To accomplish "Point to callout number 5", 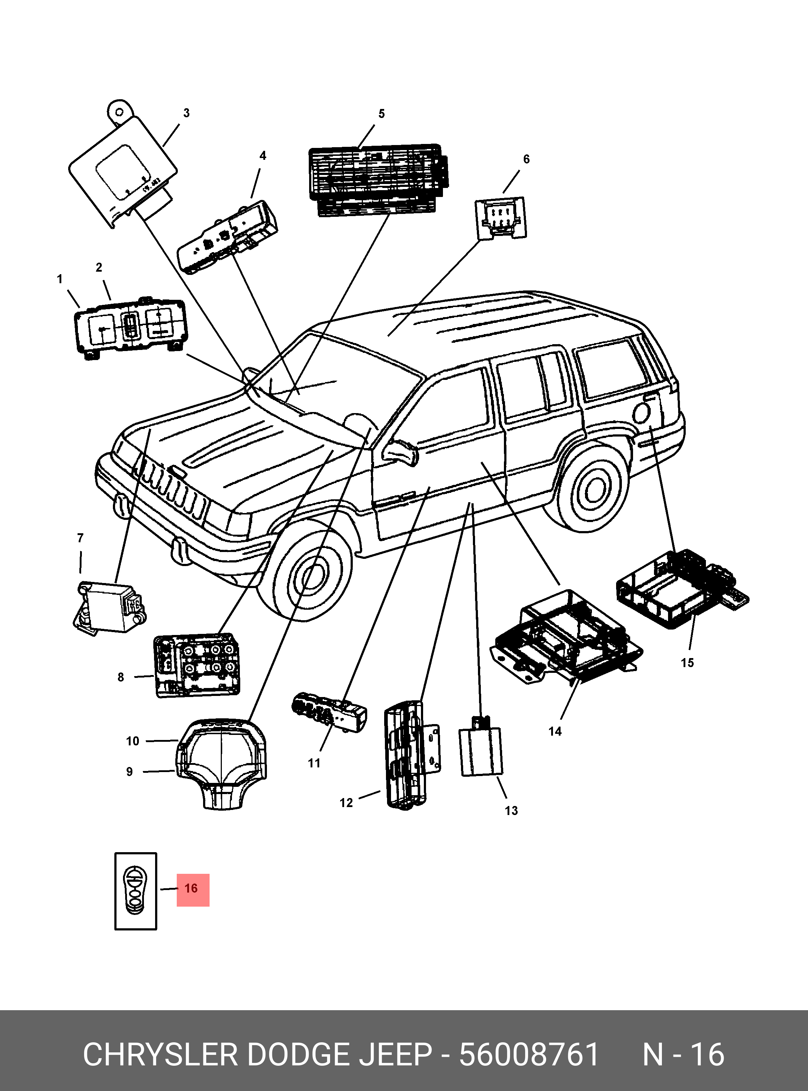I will (x=382, y=114).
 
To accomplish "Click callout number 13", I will (x=511, y=811).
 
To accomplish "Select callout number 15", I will (x=687, y=663).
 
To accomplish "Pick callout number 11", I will (x=314, y=763).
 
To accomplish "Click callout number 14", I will (x=555, y=731).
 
